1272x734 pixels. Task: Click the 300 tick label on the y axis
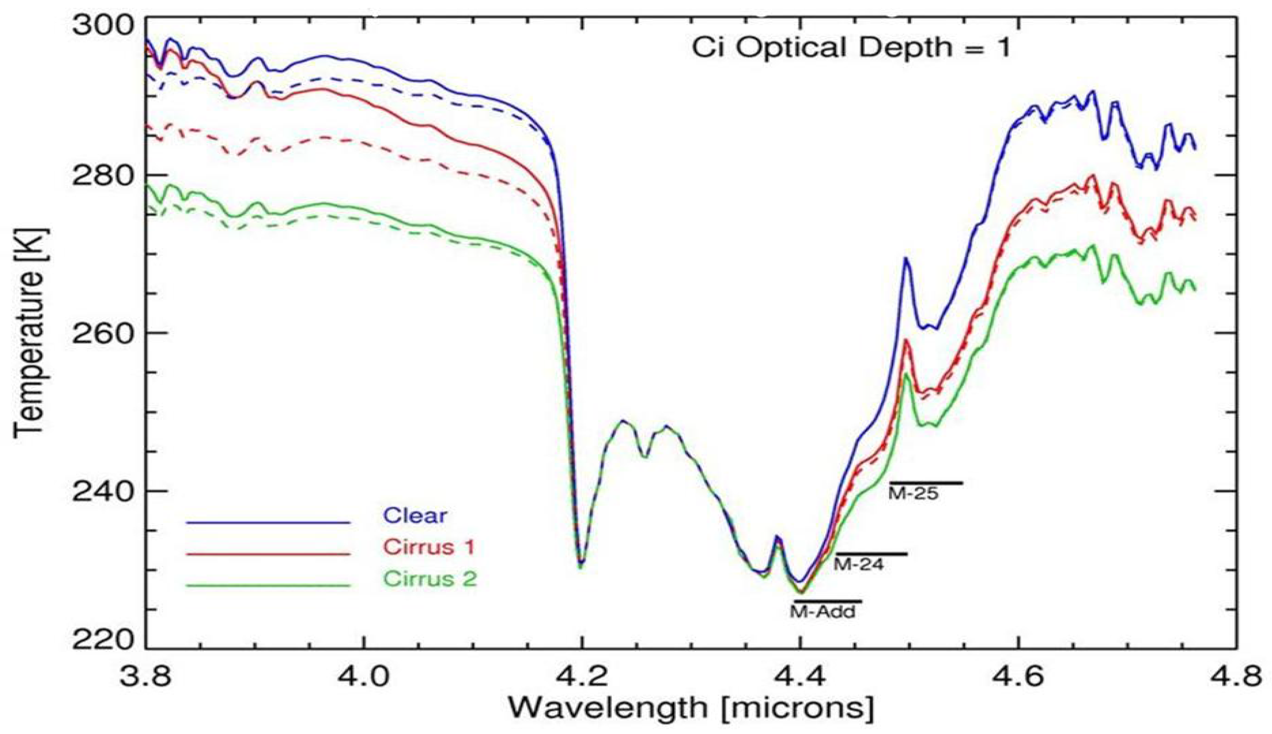pyautogui.click(x=103, y=25)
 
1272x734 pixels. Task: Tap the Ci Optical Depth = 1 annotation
pyautogui.click(x=851, y=48)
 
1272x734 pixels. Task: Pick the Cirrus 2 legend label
pyautogui.click(x=430, y=579)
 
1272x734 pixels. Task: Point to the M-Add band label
pyautogui.click(x=822, y=613)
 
